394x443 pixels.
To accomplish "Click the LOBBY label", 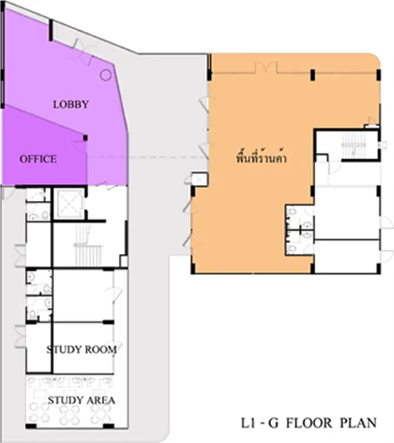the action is tap(71, 104).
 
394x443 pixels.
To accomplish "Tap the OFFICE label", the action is tap(38, 159).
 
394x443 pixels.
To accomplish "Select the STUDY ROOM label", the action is tap(82, 350).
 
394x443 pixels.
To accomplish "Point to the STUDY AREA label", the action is tap(82, 400).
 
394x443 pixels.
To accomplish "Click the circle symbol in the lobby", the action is tap(106, 75).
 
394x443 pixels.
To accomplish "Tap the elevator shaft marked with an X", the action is tap(69, 203).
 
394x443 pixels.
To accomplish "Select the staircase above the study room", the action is tap(88, 246).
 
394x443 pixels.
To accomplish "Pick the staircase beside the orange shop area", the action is tap(354, 146).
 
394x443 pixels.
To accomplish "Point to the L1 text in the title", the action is tap(248, 423).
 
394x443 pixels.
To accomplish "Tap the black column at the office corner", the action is tap(86, 138).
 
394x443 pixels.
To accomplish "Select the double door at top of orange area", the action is tap(266, 68).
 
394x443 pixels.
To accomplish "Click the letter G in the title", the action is tap(273, 423).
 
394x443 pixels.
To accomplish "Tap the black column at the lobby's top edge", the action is tap(51, 30).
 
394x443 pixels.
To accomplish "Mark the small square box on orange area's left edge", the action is tap(200, 179).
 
